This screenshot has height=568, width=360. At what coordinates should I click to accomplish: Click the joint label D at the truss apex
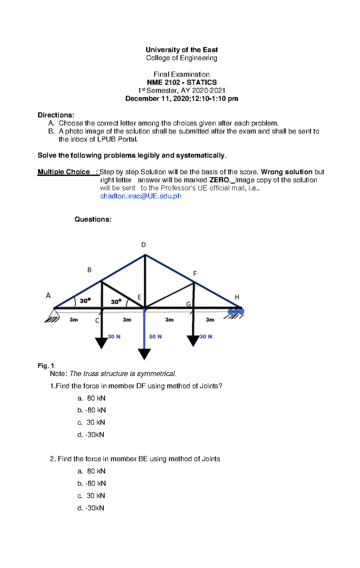click(x=144, y=245)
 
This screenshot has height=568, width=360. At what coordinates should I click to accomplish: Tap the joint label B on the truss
click(x=89, y=270)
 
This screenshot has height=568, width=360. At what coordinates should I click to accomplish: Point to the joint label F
click(x=195, y=273)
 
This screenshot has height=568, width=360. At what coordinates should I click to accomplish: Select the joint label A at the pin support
click(x=48, y=296)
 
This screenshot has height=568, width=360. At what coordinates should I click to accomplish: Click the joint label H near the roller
click(x=237, y=297)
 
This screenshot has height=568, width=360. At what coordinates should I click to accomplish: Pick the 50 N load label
click(x=155, y=337)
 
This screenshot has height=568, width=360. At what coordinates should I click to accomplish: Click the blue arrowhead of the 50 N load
click(x=144, y=354)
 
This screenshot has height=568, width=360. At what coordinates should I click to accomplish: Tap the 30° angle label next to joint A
click(x=85, y=301)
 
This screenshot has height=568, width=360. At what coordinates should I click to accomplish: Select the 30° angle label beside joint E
click(x=116, y=301)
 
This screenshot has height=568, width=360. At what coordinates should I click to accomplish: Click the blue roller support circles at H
click(x=236, y=312)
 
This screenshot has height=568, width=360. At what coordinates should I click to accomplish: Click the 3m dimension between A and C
click(x=74, y=320)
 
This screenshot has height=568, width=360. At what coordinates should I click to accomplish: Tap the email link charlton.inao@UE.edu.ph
click(x=141, y=196)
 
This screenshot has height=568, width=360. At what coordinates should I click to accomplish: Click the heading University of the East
click(x=181, y=50)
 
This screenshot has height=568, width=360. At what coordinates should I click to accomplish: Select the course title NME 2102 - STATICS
click(x=181, y=82)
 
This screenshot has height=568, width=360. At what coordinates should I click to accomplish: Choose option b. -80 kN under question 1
click(x=91, y=410)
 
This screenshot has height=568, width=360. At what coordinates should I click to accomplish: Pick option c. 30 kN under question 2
click(x=91, y=496)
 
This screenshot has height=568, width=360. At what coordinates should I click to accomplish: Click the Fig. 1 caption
click(x=46, y=366)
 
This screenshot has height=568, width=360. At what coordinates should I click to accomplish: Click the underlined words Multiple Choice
click(x=64, y=172)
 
